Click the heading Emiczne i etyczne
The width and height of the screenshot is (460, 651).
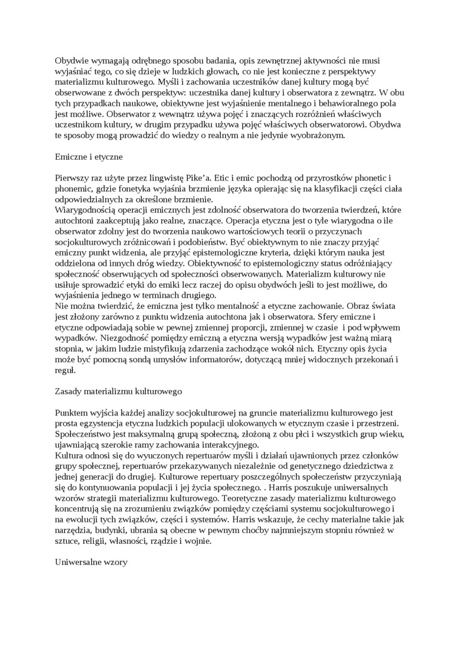click(x=88, y=156)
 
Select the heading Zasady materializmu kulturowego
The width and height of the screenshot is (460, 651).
click(x=118, y=391)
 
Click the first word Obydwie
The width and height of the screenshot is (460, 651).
click(x=71, y=61)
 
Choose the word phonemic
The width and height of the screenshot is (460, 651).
click(x=74, y=188)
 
